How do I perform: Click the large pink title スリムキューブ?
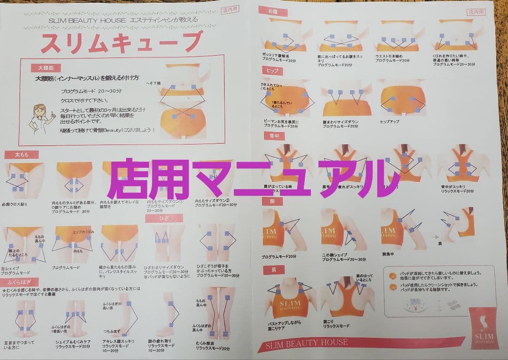(121, 43)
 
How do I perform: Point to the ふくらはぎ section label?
(19, 282)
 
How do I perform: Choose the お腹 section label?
(273, 10)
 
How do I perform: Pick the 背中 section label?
(273, 136)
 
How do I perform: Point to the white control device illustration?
(417, 308)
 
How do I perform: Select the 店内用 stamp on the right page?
(476, 13)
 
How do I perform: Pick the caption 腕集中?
(389, 253)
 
